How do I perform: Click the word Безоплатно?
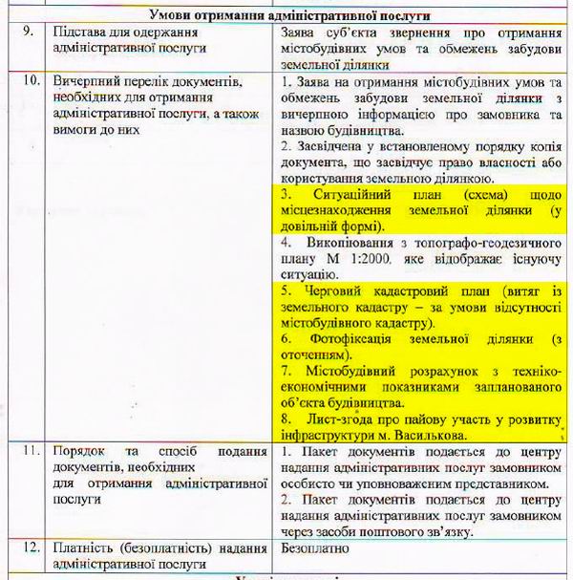coord(317,548)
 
